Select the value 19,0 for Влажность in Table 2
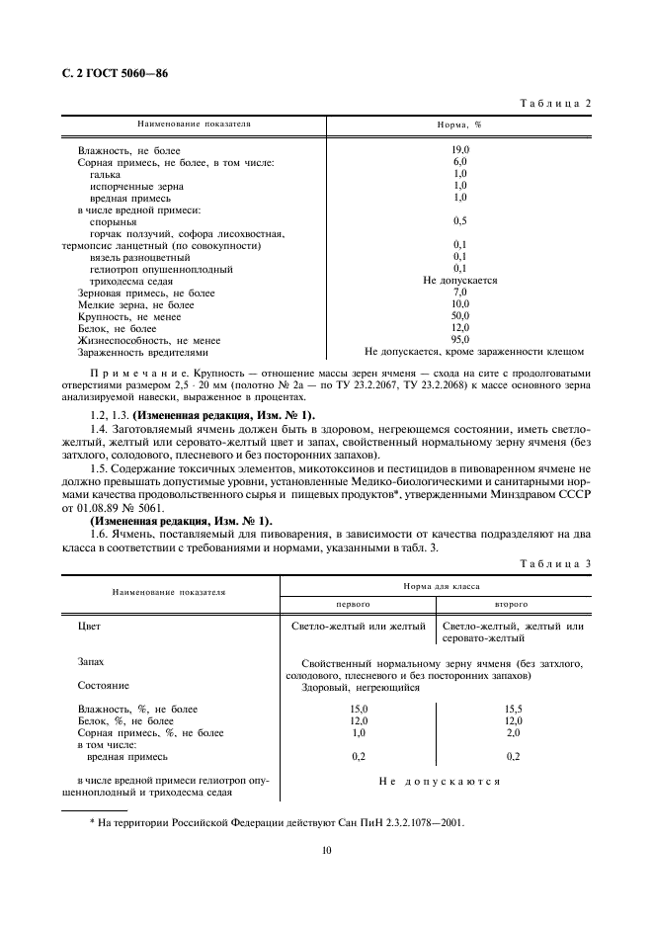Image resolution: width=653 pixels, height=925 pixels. point(460,148)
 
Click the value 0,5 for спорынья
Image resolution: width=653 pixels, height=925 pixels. point(460,220)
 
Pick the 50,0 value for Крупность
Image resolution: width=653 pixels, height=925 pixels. point(460,315)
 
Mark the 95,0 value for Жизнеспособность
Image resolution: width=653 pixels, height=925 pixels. point(460,339)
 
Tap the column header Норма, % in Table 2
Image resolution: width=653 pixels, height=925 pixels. point(459,126)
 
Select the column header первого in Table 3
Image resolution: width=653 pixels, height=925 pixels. point(354,603)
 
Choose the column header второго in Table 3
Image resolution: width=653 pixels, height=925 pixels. point(511,603)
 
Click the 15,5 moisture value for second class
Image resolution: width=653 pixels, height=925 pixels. point(513,710)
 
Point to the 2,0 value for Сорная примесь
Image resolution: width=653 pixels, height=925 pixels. point(513,733)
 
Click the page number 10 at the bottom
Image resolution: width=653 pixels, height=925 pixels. point(326,849)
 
